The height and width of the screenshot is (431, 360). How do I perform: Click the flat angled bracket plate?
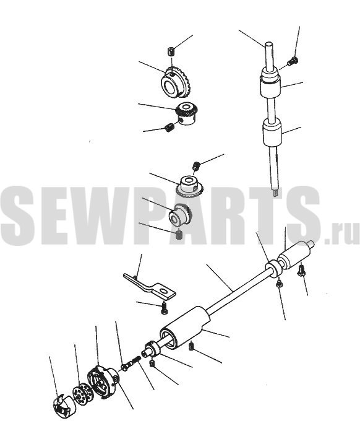(x=150, y=286)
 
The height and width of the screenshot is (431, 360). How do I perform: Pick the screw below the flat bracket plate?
(x=164, y=308)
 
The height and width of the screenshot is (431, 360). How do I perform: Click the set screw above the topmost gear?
(x=171, y=51)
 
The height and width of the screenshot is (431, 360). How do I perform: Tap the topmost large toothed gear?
(x=176, y=83)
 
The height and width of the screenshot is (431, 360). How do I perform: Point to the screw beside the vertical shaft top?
(x=293, y=61)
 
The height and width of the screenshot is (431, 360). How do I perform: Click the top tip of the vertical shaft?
(x=269, y=42)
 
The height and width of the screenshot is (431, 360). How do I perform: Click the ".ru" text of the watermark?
(x=341, y=233)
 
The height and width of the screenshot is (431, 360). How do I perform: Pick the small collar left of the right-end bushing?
(x=273, y=268)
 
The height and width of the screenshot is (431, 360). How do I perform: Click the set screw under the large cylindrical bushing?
(x=192, y=347)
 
